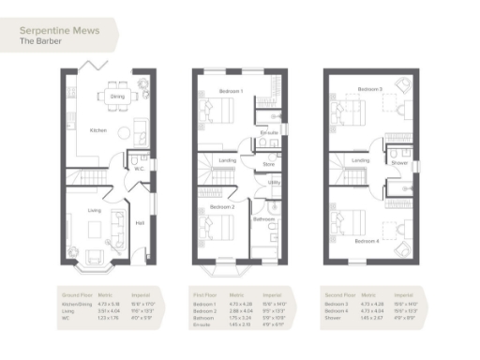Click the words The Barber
click(37, 41)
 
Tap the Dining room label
click(117, 96)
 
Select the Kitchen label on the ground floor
click(97, 130)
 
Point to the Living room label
click(95, 211)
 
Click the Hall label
click(140, 223)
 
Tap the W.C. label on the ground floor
click(139, 169)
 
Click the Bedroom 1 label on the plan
click(231, 91)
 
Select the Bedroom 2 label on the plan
click(221, 205)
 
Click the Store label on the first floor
click(267, 164)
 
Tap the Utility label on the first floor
click(275, 183)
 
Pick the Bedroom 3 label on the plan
click(367, 88)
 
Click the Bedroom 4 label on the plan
click(367, 241)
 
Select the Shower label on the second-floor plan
click(399, 161)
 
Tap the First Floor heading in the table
click(203, 293)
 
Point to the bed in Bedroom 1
click(222, 112)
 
